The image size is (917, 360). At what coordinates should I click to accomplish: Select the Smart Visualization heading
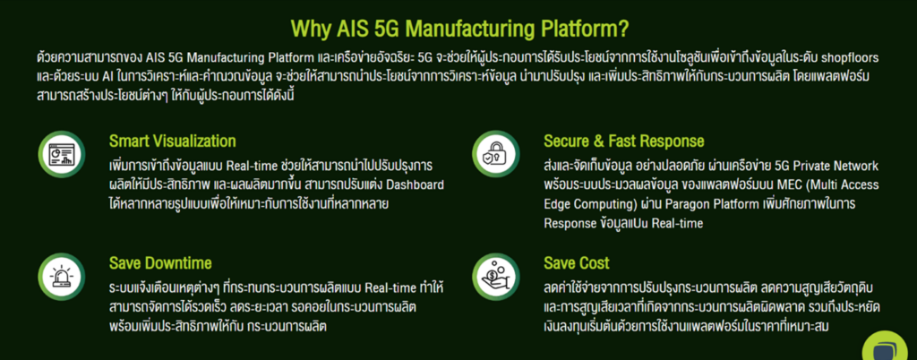tap(172, 141)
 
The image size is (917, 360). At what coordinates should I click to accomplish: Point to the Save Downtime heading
tap(159, 263)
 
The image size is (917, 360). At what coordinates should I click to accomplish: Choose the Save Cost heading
tap(576, 263)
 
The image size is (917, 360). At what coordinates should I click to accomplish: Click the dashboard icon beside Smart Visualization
tap(63, 154)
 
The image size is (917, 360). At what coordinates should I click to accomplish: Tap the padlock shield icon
tap(496, 154)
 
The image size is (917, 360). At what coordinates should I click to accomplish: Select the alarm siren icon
tap(63, 275)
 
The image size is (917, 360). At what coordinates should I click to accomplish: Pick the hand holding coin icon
tap(496, 275)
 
